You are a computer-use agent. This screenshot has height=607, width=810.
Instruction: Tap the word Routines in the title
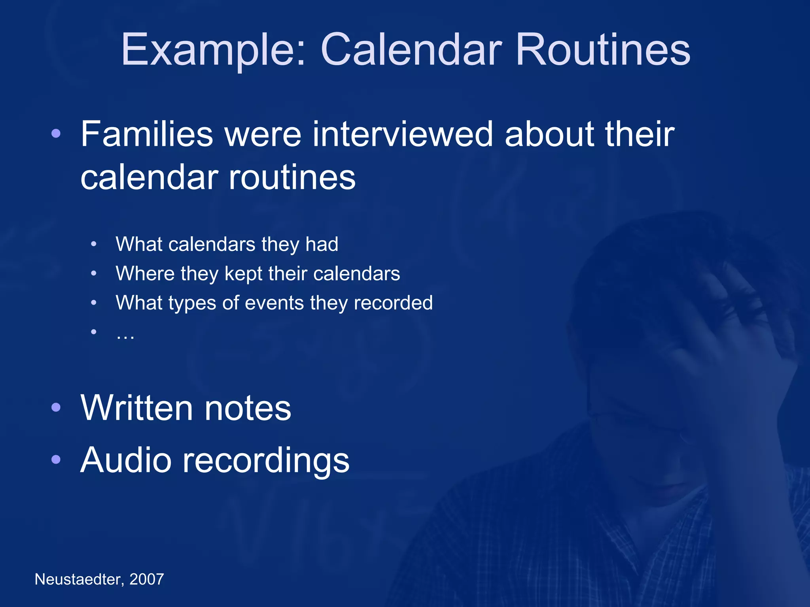click(x=603, y=50)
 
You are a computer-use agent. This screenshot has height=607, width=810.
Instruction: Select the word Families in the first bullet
click(x=147, y=134)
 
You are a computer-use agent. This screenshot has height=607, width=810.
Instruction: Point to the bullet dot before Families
click(x=56, y=134)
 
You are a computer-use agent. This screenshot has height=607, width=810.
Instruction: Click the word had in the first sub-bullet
click(x=322, y=244)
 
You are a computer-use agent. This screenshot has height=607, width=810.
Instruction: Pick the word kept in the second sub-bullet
click(x=243, y=273)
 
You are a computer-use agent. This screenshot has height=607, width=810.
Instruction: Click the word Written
click(x=136, y=408)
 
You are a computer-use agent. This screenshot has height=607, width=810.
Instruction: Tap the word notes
click(x=248, y=408)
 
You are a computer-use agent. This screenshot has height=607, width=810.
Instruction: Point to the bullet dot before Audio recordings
click(x=56, y=459)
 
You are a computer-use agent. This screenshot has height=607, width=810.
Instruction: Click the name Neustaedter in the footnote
click(x=79, y=579)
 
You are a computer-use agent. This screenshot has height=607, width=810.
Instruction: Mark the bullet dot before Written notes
click(x=56, y=407)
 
